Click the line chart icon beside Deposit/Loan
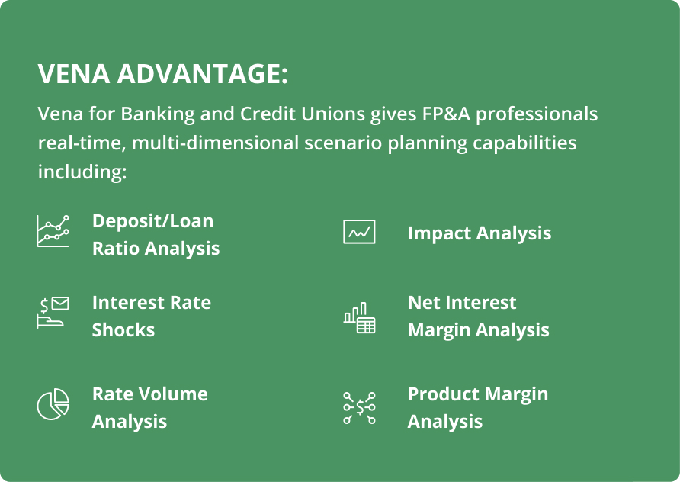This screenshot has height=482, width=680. click(x=53, y=231)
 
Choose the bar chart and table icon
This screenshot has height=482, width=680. click(x=359, y=317)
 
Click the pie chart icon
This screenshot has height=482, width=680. click(x=53, y=404)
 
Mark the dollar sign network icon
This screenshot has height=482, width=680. click(x=359, y=408)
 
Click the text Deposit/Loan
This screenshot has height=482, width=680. click(x=152, y=221)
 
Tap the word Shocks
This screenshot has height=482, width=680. click(x=123, y=330)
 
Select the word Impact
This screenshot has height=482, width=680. click(x=439, y=233)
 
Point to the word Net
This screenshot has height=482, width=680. click(x=423, y=303)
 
